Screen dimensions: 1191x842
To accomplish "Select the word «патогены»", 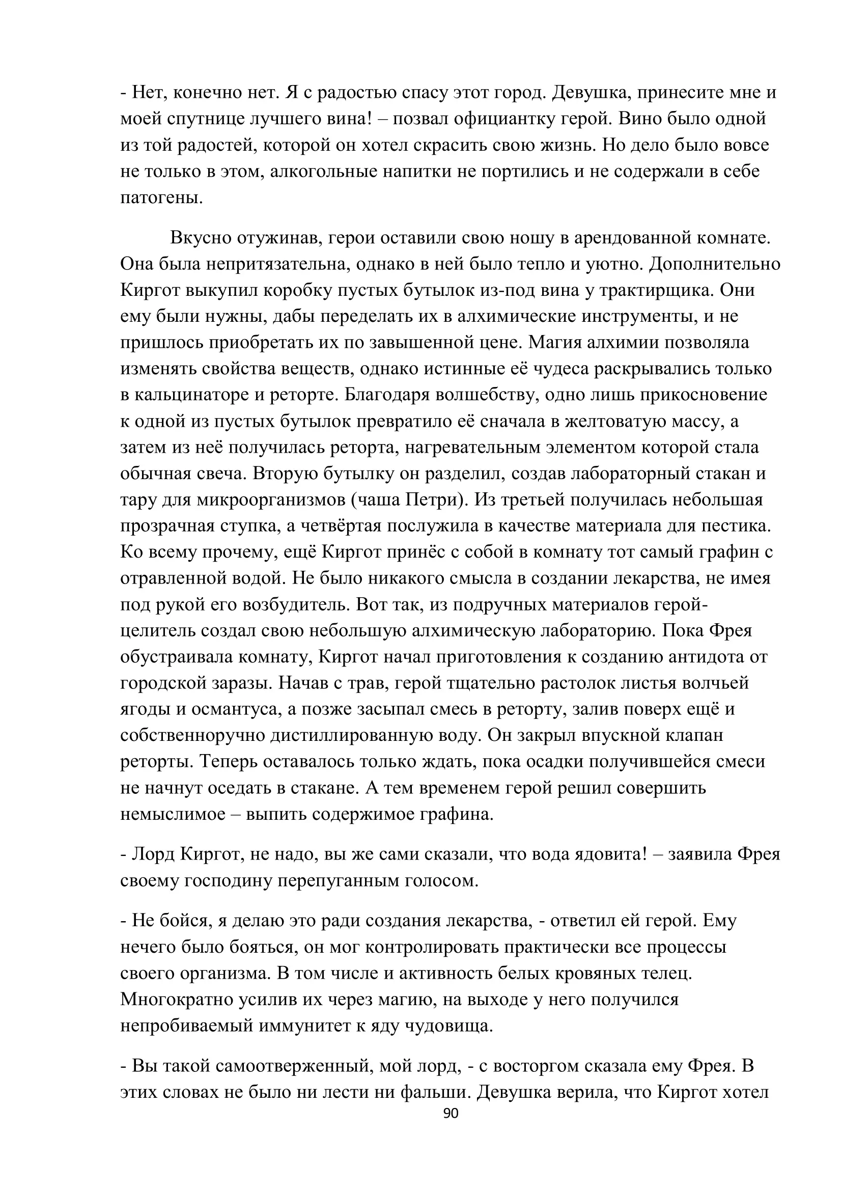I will pyautogui.click(x=162, y=198).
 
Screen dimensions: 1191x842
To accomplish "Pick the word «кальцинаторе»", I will pyautogui.click(x=191, y=395).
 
